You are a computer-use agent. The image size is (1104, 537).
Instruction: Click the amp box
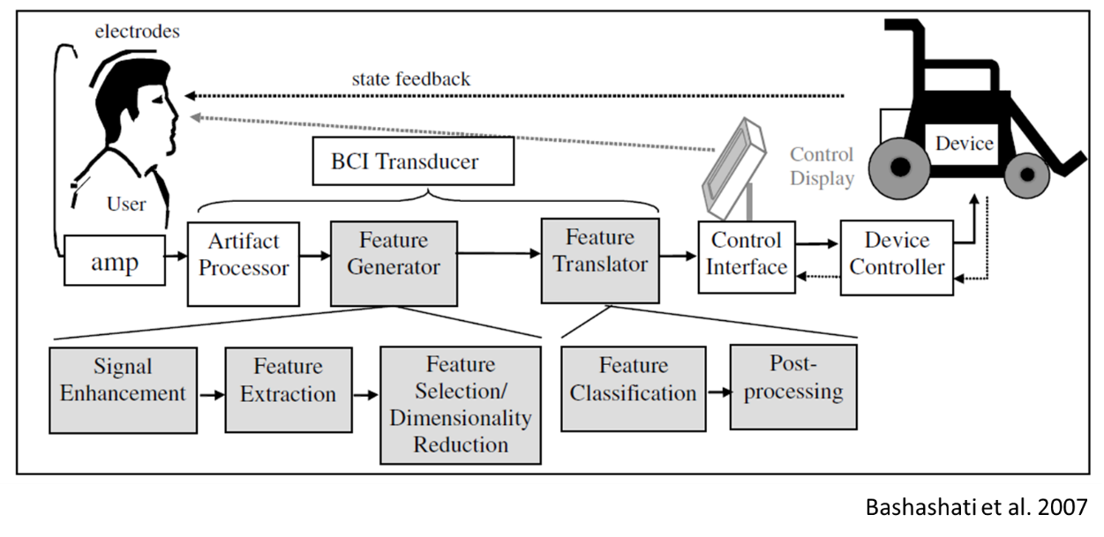(115, 261)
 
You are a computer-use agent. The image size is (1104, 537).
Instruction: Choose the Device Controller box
(896, 254)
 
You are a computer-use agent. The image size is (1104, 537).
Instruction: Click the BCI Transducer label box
(413, 161)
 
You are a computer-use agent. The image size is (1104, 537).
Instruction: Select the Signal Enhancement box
(123, 389)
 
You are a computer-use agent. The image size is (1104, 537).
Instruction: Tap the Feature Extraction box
(288, 389)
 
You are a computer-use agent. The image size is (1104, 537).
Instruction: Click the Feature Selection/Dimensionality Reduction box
(460, 404)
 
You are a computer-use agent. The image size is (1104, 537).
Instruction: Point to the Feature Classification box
(633, 388)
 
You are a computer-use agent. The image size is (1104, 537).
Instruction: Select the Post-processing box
(793, 386)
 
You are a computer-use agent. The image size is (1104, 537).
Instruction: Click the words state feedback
(410, 78)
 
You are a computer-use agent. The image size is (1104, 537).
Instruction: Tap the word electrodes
(137, 32)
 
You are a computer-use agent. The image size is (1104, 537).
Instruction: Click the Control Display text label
(822, 167)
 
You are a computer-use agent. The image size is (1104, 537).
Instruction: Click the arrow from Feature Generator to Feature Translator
(499, 253)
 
